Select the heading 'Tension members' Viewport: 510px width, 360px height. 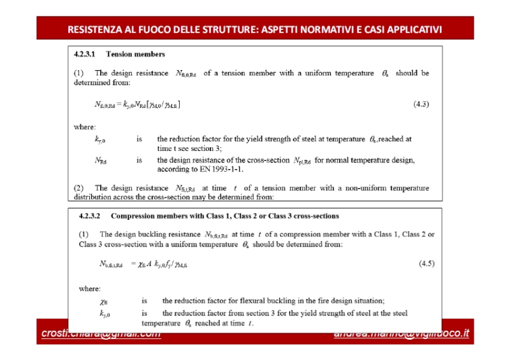click(135, 54)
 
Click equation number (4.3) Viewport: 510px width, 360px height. click(421, 104)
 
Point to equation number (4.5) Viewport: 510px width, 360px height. click(426, 263)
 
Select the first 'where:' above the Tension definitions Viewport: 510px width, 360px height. click(85, 127)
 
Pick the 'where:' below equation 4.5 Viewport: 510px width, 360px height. click(90, 288)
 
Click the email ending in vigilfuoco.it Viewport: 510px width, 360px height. click(401, 334)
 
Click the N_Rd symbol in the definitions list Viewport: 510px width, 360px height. click(101, 161)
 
